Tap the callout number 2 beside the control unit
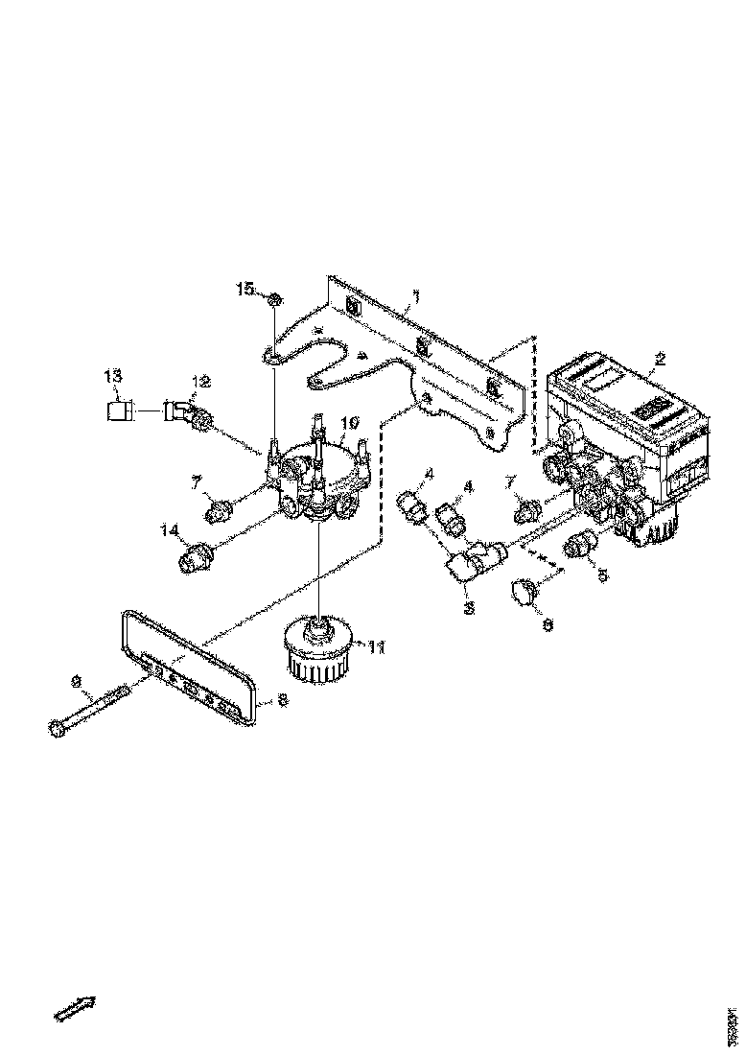pyautogui.click(x=659, y=361)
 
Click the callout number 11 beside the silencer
pyautogui.click(x=377, y=647)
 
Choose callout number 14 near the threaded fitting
pyautogui.click(x=170, y=528)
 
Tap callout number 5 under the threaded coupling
pyautogui.click(x=603, y=577)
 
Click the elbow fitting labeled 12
pyautogui.click(x=185, y=413)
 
